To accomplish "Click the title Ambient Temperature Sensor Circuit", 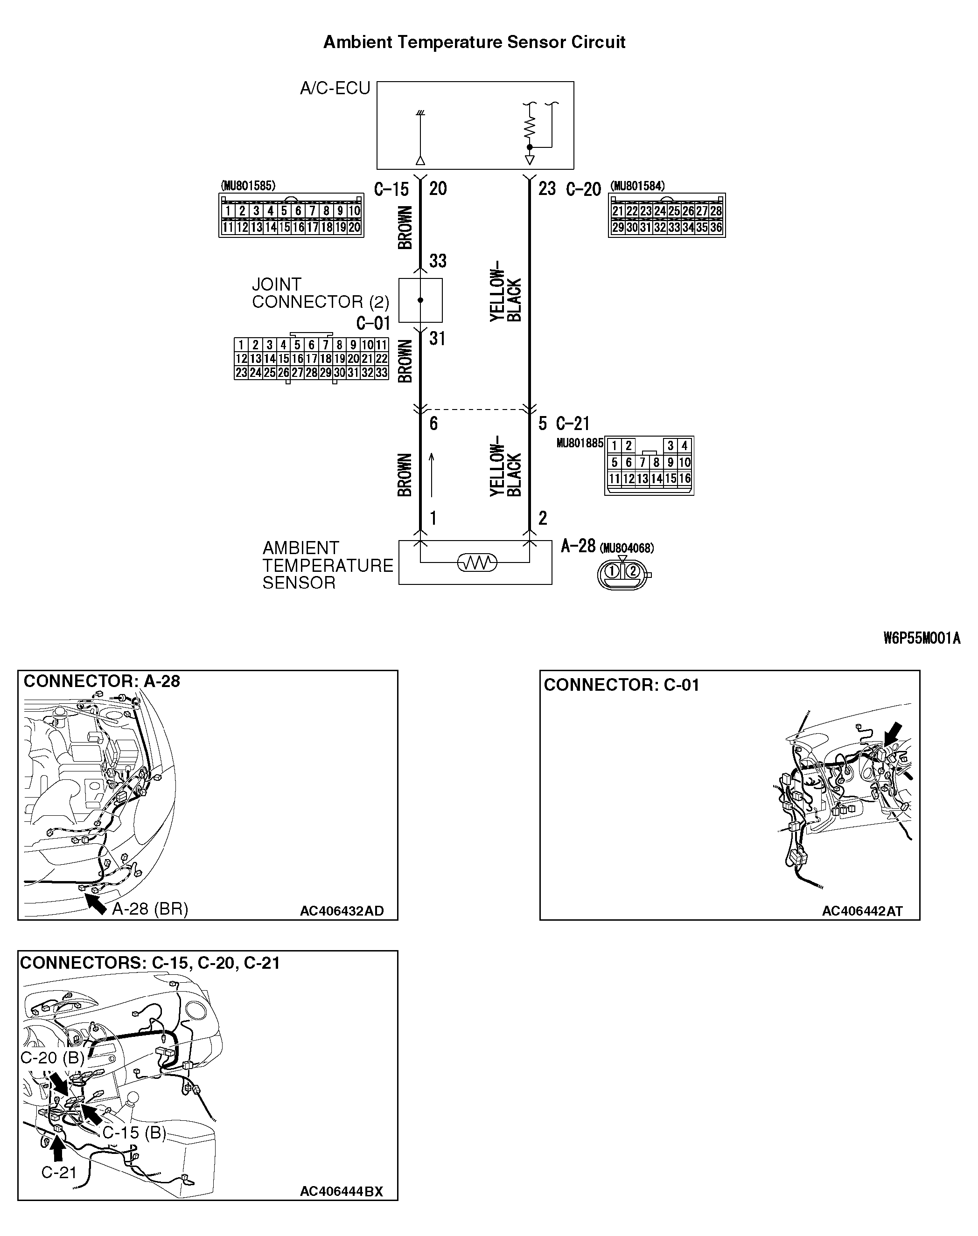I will pos(474,42).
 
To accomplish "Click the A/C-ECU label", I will pos(335,88).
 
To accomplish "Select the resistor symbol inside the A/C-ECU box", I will pos(529,127).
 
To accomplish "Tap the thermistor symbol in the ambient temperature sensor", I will pos(477,563).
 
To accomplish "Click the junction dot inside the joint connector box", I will pos(420,300).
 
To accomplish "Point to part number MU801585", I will pos(248,186).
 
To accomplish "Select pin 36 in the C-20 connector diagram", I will pos(716,227).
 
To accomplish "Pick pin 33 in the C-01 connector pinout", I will pos(381,373).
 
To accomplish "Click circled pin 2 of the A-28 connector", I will pos(633,570).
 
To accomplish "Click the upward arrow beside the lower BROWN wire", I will pos(432,474).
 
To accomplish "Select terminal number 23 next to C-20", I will pos(547,189).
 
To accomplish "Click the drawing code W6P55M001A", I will pos(922,639).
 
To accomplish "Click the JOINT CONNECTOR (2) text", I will pos(320,293).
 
